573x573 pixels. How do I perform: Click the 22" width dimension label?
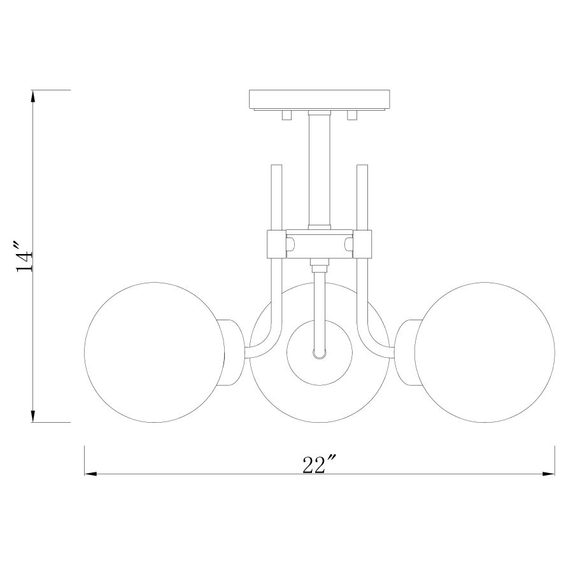tap(319, 465)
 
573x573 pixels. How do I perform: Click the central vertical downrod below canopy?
tap(319, 169)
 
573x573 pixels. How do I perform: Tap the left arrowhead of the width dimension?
tap(90, 474)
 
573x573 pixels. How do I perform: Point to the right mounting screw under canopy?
tap(351, 115)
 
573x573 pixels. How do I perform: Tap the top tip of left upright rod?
tap(276, 167)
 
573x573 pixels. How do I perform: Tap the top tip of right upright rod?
tap(362, 167)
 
